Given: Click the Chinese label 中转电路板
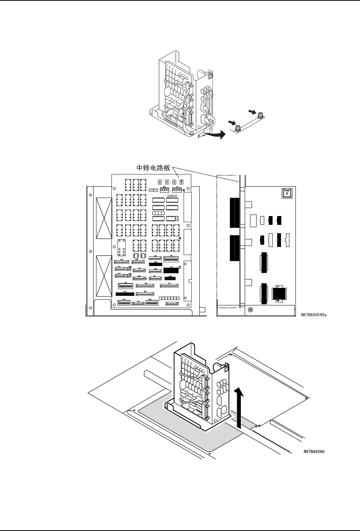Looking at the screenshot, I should (154, 168).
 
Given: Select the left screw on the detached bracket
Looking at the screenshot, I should (237, 129).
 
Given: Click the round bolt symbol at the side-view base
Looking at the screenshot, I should (250, 310).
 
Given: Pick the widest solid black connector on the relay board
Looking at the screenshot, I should (125, 294).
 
